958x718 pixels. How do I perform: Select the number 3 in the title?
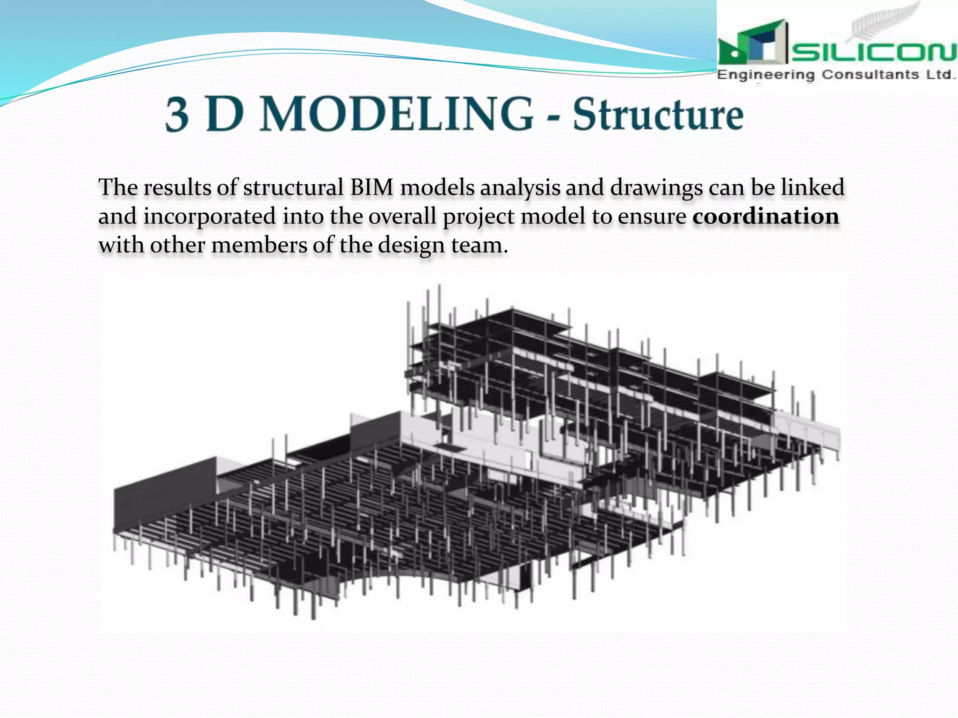click(x=177, y=115)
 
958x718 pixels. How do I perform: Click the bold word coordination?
click(x=766, y=216)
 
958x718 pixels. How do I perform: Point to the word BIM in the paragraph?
click(x=372, y=187)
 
